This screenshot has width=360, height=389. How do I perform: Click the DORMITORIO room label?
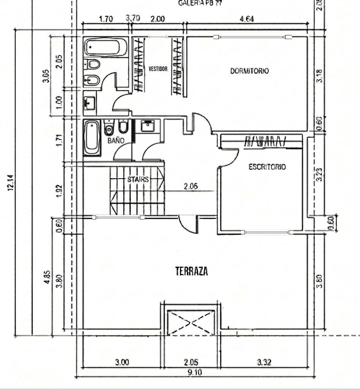coord(249,71)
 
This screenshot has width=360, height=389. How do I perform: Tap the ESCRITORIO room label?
coord(267,167)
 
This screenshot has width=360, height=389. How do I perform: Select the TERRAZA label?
coord(192,271)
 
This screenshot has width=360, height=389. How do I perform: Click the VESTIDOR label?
coord(158,69)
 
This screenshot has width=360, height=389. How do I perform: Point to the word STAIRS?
coord(138,179)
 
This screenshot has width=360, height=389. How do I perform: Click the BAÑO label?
coord(116,141)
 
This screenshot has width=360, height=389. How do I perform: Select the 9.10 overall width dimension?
coord(194,373)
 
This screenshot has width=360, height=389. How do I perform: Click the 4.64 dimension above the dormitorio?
coord(247,20)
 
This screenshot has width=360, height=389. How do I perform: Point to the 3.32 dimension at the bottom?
coord(264,363)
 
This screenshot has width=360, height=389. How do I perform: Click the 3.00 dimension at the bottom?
coord(122,363)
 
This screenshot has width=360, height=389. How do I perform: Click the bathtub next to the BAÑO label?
coord(92,138)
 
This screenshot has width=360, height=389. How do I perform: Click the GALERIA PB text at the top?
coord(196,3)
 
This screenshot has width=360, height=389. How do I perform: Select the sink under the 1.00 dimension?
coord(90,103)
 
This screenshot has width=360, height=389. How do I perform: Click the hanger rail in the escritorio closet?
coord(265,141)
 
